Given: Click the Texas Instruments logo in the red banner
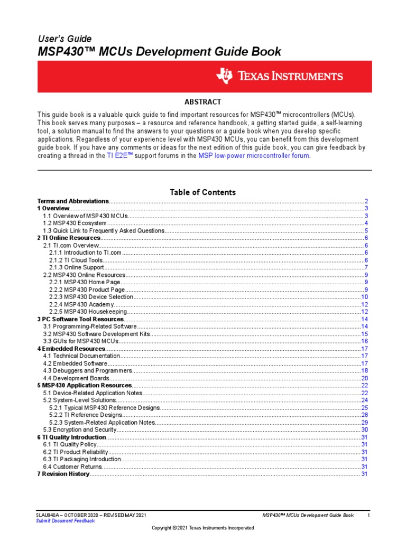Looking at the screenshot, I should pyautogui.click(x=280, y=76).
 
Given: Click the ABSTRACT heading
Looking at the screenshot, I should pyautogui.click(x=202, y=102).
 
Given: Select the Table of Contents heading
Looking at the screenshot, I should pyautogui.click(x=202, y=192).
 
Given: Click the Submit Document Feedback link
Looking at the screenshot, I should pyautogui.click(x=65, y=521).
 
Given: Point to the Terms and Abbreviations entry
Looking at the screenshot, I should pyautogui.click(x=73, y=201).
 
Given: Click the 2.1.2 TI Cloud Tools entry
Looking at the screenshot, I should pyautogui.click(x=77, y=260).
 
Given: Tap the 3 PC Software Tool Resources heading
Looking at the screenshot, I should pyautogui.click(x=80, y=320).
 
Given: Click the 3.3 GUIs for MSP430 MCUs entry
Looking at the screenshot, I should pyautogui.click(x=80, y=341).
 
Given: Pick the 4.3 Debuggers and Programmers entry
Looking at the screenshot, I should pyautogui.click(x=87, y=371).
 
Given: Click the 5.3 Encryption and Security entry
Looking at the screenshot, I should pyautogui.click(x=80, y=430).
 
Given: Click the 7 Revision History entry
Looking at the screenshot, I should pyautogui.click(x=63, y=474).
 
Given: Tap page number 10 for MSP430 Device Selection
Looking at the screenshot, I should pyautogui.click(x=364, y=297).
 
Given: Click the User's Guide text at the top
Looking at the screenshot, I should pyautogui.click(x=64, y=39).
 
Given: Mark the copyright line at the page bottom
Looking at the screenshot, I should pyautogui.click(x=202, y=528).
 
